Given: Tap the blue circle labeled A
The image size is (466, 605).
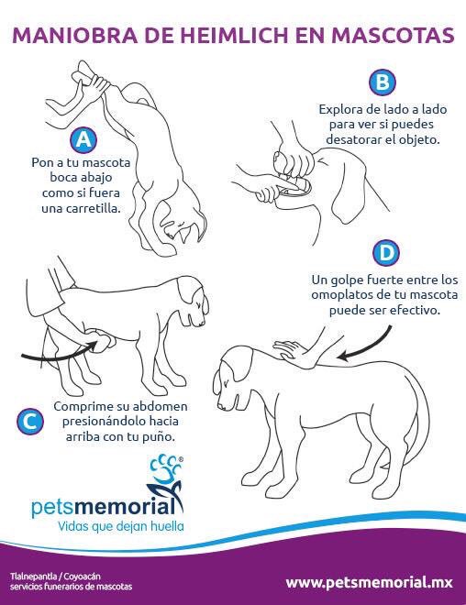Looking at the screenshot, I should tap(83, 140).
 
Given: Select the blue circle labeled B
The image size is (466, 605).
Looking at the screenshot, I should tap(381, 83).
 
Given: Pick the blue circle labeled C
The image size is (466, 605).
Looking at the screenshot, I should tap(30, 421).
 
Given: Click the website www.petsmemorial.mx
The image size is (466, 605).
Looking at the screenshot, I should tap(370, 581).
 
